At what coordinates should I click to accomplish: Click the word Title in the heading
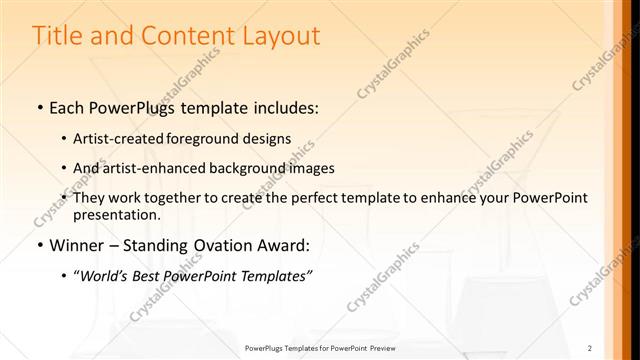pyautogui.click(x=57, y=36)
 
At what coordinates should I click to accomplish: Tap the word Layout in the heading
pyautogui.click(x=279, y=37)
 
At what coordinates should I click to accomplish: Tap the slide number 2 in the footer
pyautogui.click(x=590, y=348)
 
